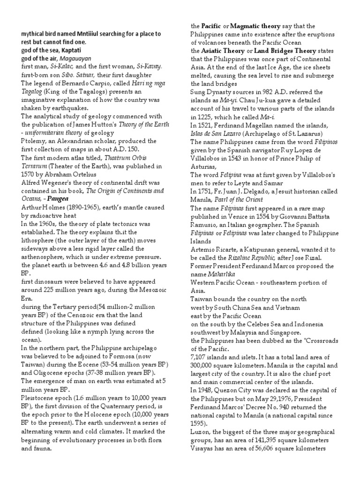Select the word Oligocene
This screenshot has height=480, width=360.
47,373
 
